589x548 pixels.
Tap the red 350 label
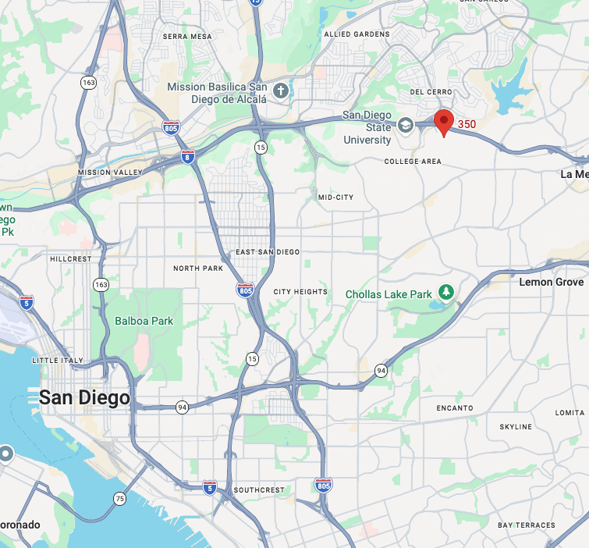pos(467,124)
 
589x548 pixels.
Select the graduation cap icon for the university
pos(406,124)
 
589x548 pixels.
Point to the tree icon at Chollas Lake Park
pos(446,292)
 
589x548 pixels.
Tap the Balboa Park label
pos(144,321)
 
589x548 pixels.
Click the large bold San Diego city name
pos(84,397)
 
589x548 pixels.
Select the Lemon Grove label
pos(552,282)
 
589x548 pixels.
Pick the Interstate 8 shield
pos(187,156)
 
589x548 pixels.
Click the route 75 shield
pos(119,498)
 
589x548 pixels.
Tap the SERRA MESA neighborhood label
pos(187,36)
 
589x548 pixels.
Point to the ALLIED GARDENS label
pos(357,34)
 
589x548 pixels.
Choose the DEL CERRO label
pos(426,91)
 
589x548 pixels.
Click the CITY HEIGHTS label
pos(300,292)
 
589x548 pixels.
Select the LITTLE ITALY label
pos(57,360)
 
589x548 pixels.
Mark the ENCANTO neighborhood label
pos(455,407)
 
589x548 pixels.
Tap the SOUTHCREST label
pos(259,490)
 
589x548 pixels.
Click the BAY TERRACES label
pos(527,525)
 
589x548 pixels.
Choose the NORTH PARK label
pos(198,269)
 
